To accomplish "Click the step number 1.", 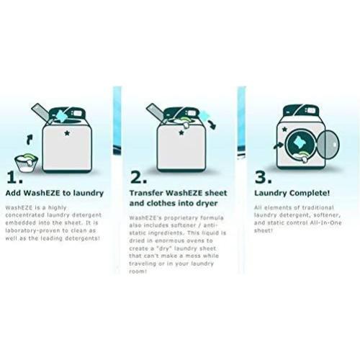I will coord(12,177).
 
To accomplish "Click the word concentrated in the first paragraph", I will coord(24,215).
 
